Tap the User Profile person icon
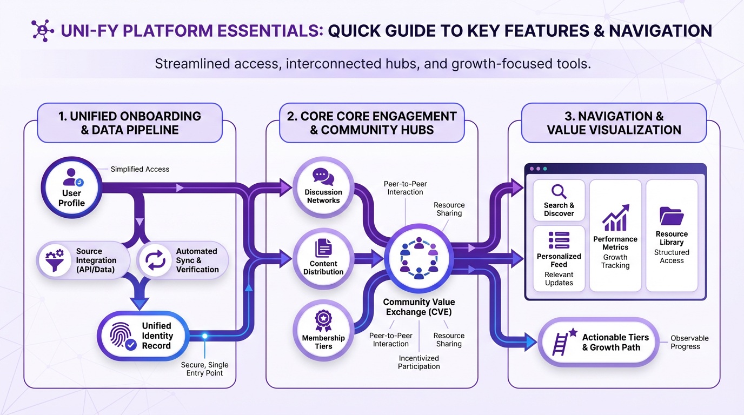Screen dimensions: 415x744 pos(72,177)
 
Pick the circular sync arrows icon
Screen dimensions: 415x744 pos(155,260)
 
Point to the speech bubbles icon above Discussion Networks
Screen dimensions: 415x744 pos(323,177)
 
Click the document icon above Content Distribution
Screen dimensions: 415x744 pos(323,248)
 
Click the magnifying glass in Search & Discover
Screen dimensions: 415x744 pos(559,191)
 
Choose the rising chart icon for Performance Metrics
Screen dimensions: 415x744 pos(615,218)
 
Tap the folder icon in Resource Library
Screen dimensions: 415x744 pos(672,216)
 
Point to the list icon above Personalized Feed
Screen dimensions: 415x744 pos(559,240)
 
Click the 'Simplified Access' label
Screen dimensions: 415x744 pos(139,169)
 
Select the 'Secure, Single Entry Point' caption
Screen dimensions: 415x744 pos(204,369)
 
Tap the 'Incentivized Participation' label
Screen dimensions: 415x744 pos(418,362)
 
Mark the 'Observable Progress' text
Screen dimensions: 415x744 pos(689,342)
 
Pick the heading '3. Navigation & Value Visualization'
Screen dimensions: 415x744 pos(614,123)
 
